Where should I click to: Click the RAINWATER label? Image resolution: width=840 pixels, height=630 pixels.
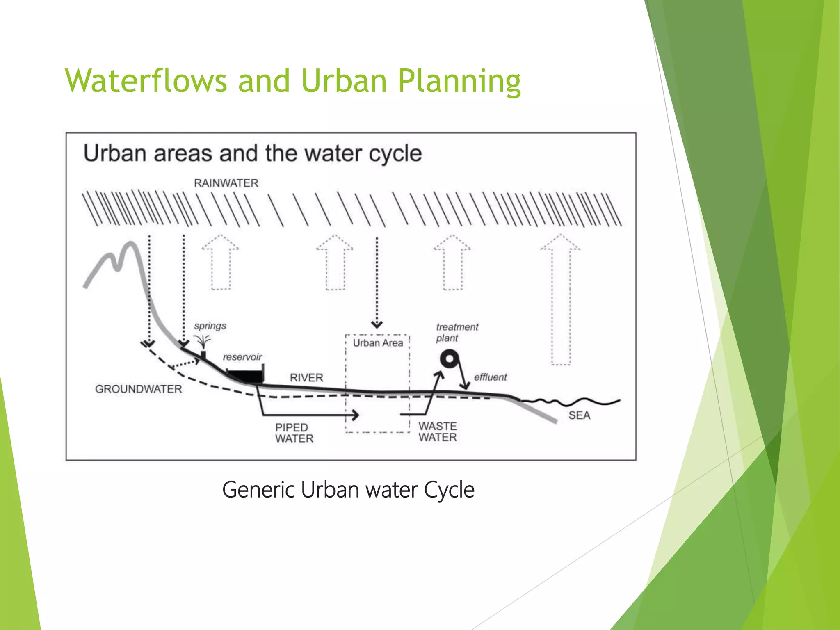(226, 183)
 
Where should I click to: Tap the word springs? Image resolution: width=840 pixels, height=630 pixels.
(210, 326)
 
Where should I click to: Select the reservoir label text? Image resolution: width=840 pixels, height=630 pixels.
(242, 357)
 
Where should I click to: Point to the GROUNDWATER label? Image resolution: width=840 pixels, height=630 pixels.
(138, 389)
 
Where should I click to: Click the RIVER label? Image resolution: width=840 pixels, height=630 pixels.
(306, 378)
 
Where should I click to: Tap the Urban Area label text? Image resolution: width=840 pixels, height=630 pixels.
(378, 343)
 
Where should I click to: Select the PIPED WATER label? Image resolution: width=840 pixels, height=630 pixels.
(294, 433)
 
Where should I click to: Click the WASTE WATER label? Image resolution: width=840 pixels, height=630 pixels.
(437, 432)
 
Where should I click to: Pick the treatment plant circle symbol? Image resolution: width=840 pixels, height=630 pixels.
(450, 359)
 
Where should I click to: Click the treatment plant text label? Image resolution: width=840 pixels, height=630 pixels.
(457, 333)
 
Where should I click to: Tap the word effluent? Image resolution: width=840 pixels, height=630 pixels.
(490, 377)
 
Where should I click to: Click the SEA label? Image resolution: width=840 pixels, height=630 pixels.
(579, 415)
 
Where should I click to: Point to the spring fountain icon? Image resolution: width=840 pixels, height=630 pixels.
(202, 343)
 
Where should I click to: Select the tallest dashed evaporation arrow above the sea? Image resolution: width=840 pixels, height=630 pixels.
(561, 299)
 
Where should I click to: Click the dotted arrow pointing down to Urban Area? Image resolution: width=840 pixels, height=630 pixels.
(377, 283)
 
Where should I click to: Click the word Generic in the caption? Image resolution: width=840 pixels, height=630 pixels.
(258, 490)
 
